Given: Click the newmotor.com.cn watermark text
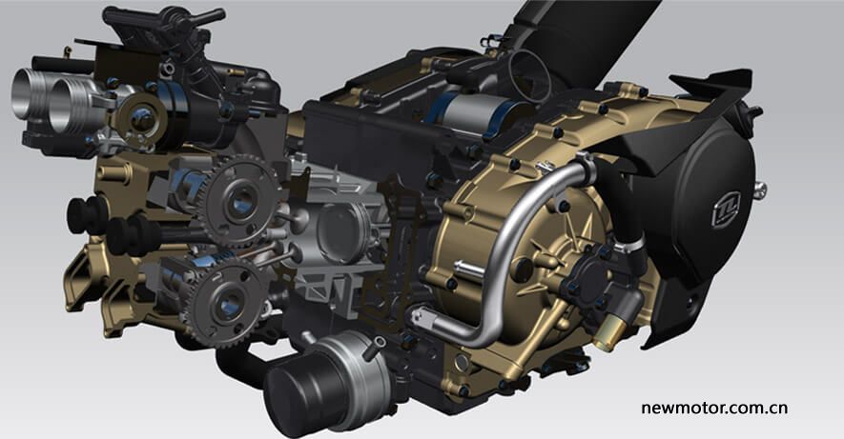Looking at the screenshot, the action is (714, 409).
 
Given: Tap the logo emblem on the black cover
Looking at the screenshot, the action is (726, 210).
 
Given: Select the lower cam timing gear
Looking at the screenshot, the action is (227, 302).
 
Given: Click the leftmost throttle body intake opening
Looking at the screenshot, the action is (27, 93).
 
